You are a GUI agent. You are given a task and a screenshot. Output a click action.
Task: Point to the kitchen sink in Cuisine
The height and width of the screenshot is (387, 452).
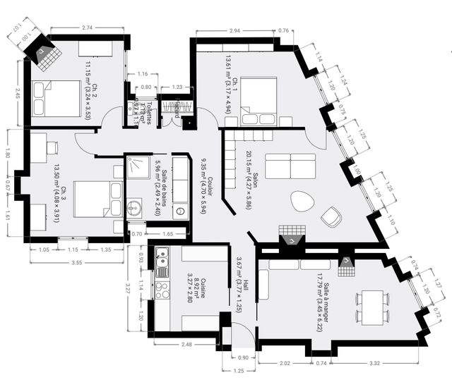pos(162,262)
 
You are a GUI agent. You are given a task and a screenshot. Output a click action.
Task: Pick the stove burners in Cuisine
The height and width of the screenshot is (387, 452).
pos(162,290)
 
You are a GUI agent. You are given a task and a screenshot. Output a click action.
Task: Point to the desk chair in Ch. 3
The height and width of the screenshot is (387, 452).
pos(52,147)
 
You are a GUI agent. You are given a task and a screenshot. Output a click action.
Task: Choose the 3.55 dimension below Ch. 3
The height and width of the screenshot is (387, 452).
pos(78,262)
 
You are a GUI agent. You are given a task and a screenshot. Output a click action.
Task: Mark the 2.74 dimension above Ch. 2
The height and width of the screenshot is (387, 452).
pos(88,27)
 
